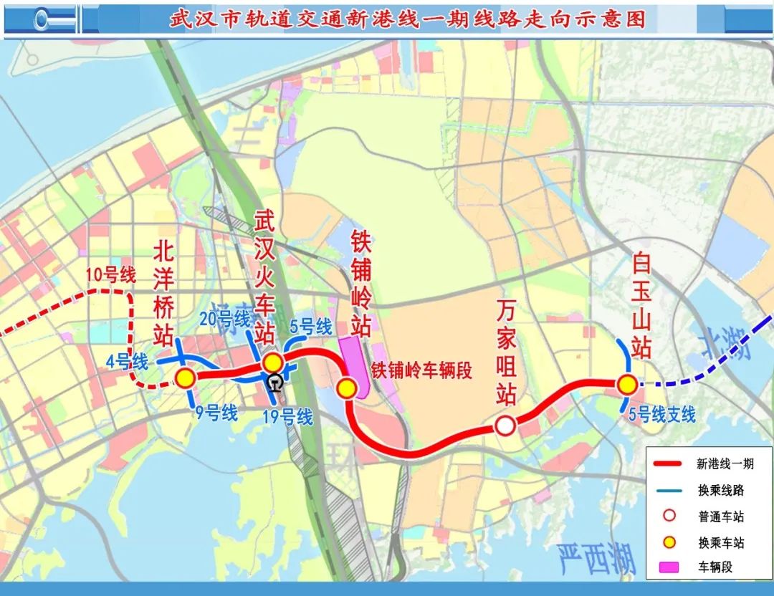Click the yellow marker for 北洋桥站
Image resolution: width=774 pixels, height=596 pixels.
(x=186, y=378)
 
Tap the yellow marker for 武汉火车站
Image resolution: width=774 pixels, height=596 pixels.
(x=272, y=363)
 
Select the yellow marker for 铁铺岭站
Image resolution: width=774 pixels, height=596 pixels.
(x=347, y=388)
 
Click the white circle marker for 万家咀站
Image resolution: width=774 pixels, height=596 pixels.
(x=505, y=426)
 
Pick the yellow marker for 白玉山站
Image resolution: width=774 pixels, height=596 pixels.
(x=627, y=385)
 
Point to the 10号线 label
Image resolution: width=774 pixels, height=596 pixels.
(x=110, y=275)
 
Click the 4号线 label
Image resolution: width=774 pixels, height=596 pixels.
(x=126, y=361)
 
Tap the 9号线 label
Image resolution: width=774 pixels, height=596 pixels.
(x=216, y=412)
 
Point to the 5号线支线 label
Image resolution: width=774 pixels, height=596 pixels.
(x=661, y=414)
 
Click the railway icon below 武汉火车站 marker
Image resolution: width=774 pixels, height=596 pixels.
(x=272, y=382)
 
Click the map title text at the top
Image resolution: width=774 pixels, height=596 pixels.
(x=407, y=18)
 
